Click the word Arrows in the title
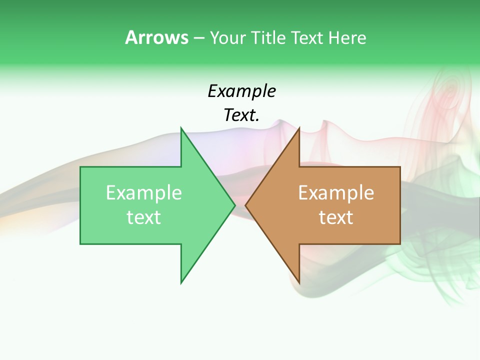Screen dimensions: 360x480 pyautogui.click(x=156, y=37)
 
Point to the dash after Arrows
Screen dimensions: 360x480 pyautogui.click(x=198, y=38)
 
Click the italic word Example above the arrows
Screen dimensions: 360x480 pyautogui.click(x=241, y=91)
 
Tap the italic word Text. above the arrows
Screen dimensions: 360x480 pyautogui.click(x=241, y=115)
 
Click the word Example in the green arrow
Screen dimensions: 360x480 pyautogui.click(x=143, y=193)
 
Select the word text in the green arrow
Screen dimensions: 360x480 pyautogui.click(x=143, y=217)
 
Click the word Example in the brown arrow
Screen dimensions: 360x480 pyautogui.click(x=336, y=193)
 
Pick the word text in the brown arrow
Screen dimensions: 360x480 pyautogui.click(x=336, y=217)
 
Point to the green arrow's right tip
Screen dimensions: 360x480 pyautogui.click(x=234, y=205)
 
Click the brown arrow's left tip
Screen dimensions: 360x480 pyautogui.click(x=246, y=205)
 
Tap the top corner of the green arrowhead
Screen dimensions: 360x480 pyautogui.click(x=181, y=128)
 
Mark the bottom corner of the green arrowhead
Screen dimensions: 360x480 pyautogui.click(x=181, y=282)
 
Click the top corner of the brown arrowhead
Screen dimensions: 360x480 pyautogui.click(x=299, y=128)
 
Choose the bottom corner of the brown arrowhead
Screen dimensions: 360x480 pyautogui.click(x=299, y=282)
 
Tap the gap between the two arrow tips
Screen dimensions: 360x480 pyautogui.click(x=240, y=205)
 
